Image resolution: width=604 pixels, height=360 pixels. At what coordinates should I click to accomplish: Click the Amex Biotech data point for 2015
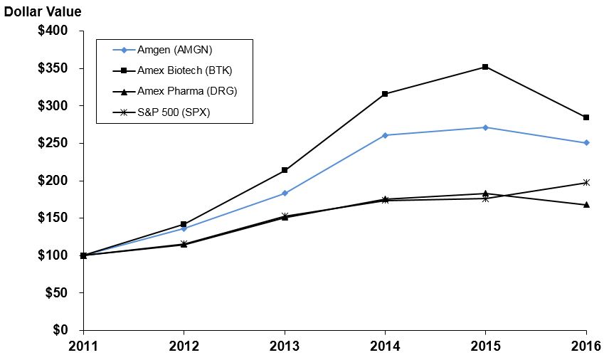(x=485, y=67)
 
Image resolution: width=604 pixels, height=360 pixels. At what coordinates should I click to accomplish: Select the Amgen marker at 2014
(x=385, y=135)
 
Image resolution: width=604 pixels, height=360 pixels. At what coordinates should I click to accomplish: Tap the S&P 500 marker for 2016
(x=586, y=183)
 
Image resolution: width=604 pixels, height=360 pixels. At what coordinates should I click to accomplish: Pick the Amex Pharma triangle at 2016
(x=586, y=205)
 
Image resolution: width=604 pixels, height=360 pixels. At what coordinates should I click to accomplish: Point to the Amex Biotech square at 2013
(x=285, y=170)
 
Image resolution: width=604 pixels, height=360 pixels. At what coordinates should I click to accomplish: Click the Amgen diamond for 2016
(x=586, y=143)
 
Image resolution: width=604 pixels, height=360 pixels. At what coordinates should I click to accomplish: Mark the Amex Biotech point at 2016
(x=586, y=117)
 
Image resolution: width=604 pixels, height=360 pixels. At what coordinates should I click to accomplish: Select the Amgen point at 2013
(x=285, y=193)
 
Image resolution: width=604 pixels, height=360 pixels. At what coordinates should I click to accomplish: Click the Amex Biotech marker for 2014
(x=385, y=94)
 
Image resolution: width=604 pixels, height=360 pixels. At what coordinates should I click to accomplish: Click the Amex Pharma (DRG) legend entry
(x=176, y=91)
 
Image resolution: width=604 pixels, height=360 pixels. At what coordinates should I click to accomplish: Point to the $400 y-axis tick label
(x=53, y=31)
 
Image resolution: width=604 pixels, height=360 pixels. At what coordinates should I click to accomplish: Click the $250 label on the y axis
(x=53, y=143)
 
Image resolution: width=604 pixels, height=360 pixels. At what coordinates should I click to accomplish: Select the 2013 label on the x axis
(x=285, y=346)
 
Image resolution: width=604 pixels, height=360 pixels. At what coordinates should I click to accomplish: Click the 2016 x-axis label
(x=586, y=346)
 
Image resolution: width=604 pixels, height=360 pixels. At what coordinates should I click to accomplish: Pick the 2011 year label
(x=83, y=346)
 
